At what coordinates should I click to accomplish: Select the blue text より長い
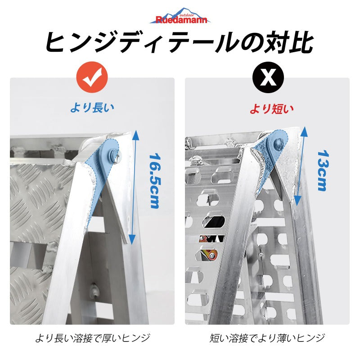pos(92,108)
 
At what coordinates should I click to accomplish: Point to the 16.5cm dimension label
pos(154,180)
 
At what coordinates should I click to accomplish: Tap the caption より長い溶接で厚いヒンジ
pos(92,337)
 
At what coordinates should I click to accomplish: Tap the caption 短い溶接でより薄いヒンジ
pos(267,337)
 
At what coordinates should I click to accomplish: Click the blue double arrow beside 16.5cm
pos(132,187)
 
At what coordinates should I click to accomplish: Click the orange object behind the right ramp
pos(208,252)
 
